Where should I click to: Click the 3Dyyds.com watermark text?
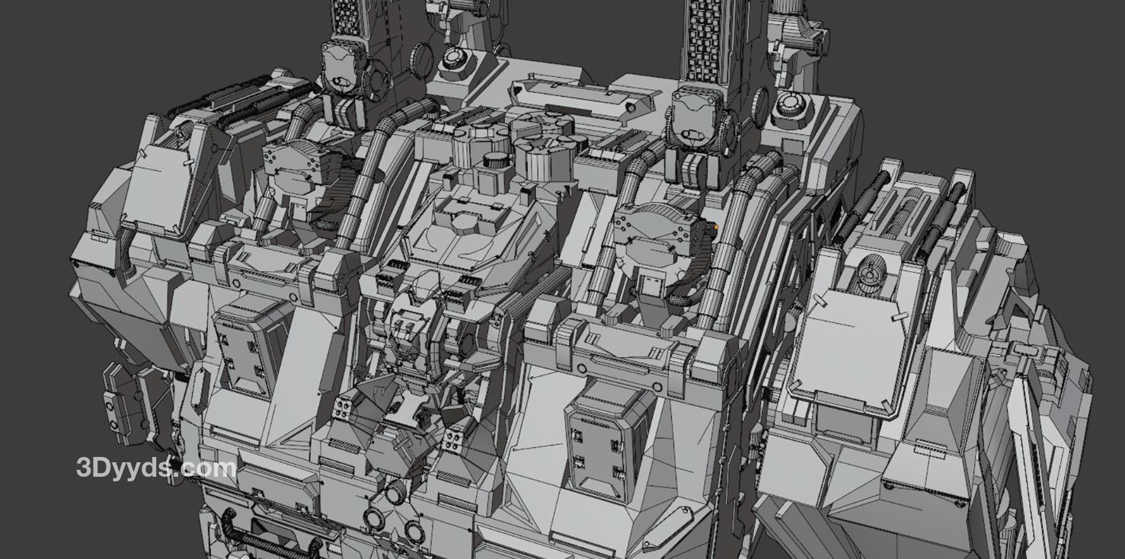[156, 468]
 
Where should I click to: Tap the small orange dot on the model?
[716, 228]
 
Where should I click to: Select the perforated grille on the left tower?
[346, 20]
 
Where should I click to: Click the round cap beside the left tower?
[456, 59]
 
